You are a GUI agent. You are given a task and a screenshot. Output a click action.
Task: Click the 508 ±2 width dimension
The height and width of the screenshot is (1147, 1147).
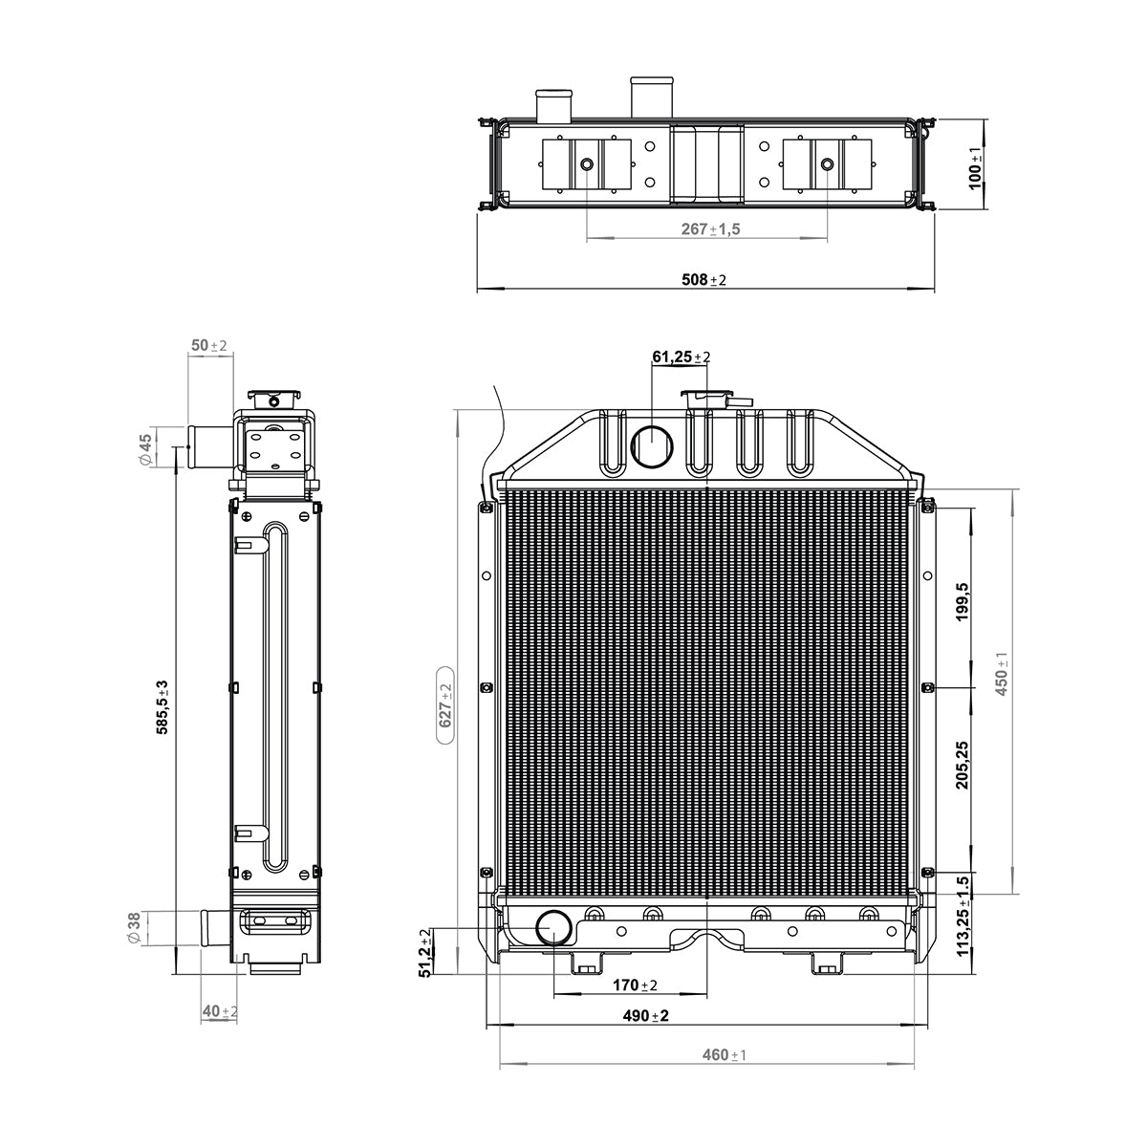(x=703, y=279)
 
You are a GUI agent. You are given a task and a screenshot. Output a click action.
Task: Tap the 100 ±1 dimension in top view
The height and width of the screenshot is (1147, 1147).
(x=975, y=167)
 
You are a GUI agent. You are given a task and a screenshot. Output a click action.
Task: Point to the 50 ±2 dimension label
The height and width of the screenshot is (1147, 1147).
(x=208, y=345)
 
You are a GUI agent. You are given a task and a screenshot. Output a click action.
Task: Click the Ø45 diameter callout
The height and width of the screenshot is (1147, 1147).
(x=146, y=448)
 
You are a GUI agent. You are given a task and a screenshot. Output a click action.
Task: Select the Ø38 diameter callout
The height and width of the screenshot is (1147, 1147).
(x=134, y=927)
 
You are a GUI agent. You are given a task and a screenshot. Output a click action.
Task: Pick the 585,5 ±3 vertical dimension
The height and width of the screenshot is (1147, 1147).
(x=162, y=707)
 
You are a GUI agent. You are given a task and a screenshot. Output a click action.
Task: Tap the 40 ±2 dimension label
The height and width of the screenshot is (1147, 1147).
(x=220, y=1011)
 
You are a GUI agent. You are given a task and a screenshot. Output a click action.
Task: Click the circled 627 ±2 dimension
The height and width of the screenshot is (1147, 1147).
(x=445, y=706)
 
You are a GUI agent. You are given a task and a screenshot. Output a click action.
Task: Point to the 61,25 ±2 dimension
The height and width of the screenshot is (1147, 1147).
(x=681, y=357)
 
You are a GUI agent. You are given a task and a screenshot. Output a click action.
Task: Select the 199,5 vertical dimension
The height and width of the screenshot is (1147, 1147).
(x=963, y=602)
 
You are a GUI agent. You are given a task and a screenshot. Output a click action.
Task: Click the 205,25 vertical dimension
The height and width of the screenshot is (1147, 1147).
(x=963, y=765)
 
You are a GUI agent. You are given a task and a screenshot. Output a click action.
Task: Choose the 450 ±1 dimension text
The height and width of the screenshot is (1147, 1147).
(x=1002, y=674)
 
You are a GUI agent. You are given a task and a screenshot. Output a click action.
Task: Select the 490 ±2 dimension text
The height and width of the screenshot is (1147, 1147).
(x=645, y=1016)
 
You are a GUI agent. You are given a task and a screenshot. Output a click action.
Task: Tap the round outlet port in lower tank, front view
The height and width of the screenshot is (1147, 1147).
(x=553, y=926)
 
